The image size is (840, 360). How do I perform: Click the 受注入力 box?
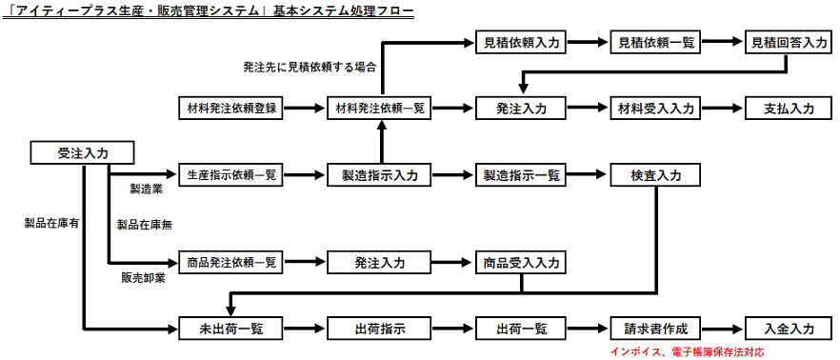[x=81, y=152]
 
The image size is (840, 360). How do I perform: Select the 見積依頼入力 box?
[x=521, y=42]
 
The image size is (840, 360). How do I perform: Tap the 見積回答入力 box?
[x=787, y=42]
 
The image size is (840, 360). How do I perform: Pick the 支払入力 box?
[x=789, y=109]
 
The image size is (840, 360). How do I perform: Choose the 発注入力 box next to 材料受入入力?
[x=521, y=109]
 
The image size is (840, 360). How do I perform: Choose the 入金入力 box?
[x=789, y=329]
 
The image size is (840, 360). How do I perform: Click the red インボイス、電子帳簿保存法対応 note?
[x=686, y=351]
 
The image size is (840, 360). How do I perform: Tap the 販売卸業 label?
[x=143, y=279]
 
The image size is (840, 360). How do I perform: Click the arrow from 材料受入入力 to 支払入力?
[x=722, y=109]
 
